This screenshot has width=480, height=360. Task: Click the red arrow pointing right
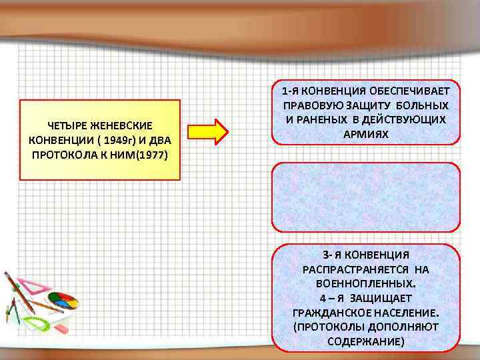pos(211,131)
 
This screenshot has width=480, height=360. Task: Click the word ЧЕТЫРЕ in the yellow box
pos(69,125)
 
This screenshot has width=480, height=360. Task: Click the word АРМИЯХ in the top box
pos(366,134)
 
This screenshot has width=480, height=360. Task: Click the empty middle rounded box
pos(366,197)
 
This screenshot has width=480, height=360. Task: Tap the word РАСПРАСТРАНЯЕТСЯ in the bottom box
pos(349,269)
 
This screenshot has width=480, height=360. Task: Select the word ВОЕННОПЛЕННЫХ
pos(366,283)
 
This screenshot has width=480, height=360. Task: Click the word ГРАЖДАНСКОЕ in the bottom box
pos(327,312)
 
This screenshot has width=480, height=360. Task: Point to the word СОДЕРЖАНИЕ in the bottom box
pos(366,341)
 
